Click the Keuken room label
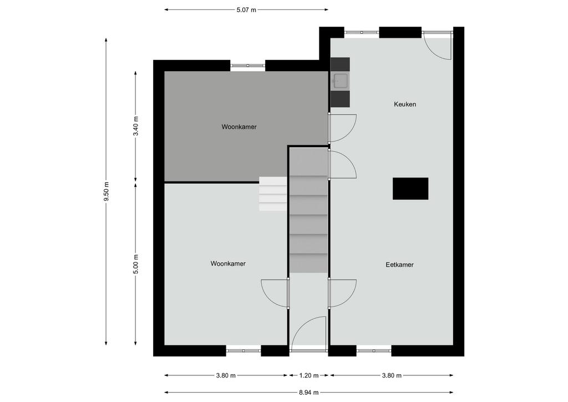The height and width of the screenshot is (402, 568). point(404,104)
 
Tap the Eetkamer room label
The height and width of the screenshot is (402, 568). point(399,265)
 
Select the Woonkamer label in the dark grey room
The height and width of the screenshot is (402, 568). point(239,127)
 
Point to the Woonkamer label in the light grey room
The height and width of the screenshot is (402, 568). point(228,264)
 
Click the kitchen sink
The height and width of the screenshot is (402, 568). point(340,81)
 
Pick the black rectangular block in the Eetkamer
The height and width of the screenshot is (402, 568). point(410,188)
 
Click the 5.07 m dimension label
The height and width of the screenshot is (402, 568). point(246,10)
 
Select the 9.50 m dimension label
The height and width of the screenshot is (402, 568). point(106,192)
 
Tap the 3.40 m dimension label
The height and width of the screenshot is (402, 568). point(135,126)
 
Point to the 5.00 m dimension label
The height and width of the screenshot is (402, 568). point(135,265)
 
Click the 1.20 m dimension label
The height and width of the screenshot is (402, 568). point(308,375)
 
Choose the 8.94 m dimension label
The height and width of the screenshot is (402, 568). point(308,392)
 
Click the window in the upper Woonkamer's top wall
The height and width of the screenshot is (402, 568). point(248,66)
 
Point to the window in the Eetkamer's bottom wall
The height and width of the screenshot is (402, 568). point(374,350)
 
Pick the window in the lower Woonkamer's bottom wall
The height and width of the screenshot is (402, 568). point(244,350)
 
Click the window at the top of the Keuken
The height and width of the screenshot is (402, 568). point(362,32)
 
